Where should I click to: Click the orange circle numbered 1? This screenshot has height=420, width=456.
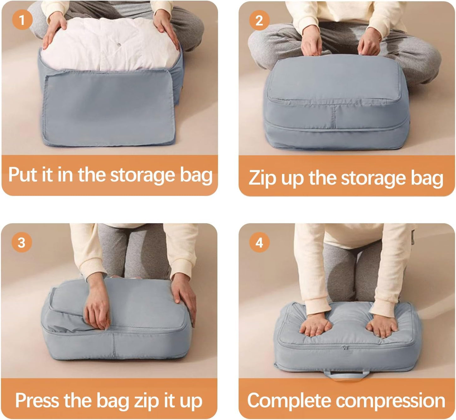point(22,20)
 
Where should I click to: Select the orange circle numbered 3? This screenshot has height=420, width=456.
point(21,242)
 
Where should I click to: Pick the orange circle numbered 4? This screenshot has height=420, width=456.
point(259,242)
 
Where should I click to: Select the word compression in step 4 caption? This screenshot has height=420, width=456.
point(390,401)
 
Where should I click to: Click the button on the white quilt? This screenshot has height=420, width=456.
point(119,44)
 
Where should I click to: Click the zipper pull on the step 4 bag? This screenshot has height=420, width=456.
point(345,348)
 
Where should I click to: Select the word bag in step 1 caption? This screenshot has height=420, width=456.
point(196,175)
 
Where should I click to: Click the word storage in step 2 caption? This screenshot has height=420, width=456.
point(373,178)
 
